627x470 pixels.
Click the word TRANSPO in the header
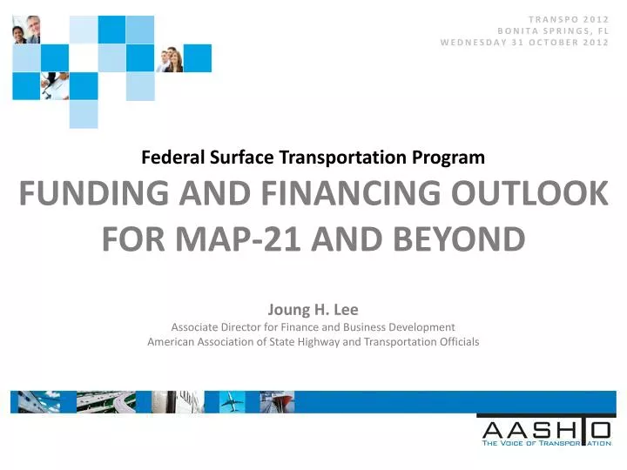[552, 18]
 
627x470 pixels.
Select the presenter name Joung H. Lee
[313, 309]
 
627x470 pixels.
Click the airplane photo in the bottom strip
[232, 401]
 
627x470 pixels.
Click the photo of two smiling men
[26, 29]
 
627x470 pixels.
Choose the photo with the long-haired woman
[170, 58]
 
